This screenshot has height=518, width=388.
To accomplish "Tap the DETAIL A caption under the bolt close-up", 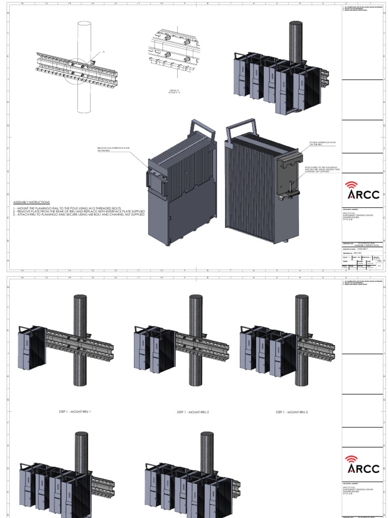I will tap(174, 92).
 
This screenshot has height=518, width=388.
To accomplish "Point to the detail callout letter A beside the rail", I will tap(104, 52).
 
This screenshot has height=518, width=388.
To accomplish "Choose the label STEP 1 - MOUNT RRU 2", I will tap(193, 412).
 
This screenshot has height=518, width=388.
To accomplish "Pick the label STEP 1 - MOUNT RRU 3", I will tap(292, 412).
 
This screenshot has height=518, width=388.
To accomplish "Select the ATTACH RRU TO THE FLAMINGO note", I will tap(322, 169).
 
